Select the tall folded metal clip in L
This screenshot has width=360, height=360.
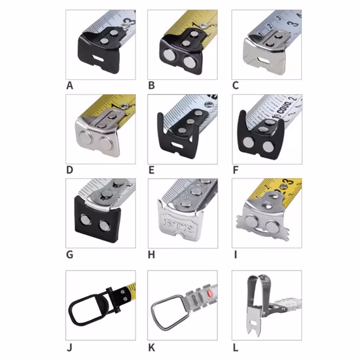tap(257, 301)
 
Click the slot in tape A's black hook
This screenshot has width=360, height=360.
tap(99, 62)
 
